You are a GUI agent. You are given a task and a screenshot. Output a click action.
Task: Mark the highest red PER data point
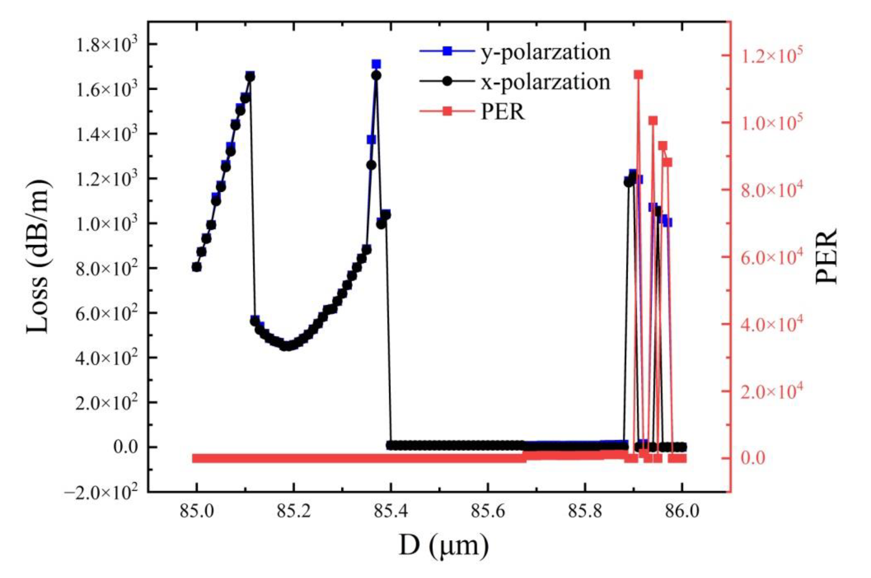639,75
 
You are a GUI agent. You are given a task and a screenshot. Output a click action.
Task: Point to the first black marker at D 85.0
197,267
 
